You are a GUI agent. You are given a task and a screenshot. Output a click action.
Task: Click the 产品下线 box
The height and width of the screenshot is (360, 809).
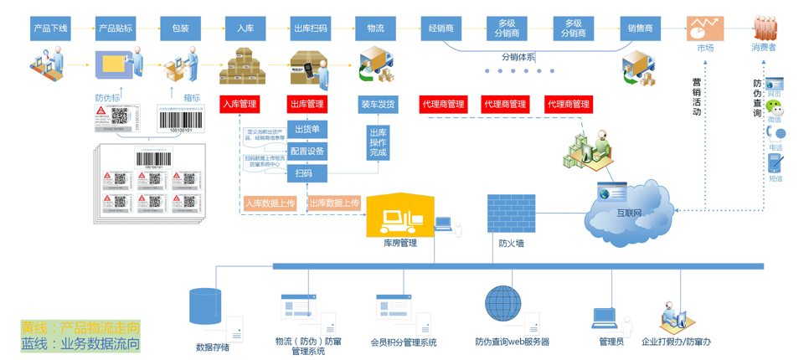50,28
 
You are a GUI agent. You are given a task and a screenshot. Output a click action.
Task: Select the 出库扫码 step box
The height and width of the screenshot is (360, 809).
311,28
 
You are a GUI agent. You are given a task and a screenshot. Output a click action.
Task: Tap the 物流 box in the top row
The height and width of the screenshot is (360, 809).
375,28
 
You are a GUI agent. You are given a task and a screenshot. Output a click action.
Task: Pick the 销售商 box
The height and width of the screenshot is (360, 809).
640,28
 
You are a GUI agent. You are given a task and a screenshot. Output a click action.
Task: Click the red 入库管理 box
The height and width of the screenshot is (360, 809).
240,105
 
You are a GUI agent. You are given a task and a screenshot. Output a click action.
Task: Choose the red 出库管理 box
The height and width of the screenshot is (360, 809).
307,105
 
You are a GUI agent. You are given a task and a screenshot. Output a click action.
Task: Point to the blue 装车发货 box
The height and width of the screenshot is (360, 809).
379,105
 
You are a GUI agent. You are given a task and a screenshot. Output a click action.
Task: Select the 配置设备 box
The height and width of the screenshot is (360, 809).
307,152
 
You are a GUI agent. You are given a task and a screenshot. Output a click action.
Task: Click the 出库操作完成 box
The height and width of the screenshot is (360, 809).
378,142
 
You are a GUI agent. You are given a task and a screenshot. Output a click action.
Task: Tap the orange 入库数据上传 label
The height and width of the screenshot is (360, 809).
270,203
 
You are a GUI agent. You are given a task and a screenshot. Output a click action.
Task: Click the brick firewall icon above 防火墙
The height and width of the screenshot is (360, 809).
511,214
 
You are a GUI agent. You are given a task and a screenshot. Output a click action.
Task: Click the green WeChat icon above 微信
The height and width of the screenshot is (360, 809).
776,109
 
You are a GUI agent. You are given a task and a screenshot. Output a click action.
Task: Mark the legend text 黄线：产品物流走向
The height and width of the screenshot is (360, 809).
80,327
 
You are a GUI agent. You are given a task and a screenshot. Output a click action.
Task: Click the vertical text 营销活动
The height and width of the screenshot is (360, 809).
697,96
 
